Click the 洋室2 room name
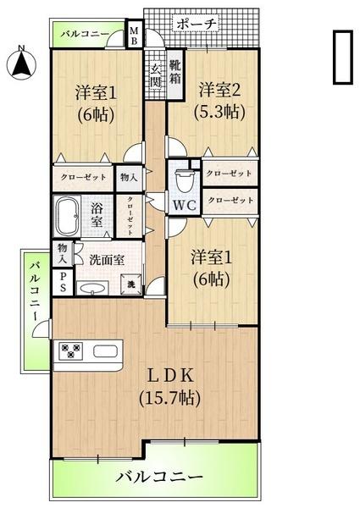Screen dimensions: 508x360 point(220,90)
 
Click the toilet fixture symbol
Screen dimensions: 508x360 point(184,179)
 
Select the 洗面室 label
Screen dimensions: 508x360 point(107,260)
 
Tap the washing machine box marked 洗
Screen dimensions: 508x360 point(131,285)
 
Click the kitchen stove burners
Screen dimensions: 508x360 point(70,351)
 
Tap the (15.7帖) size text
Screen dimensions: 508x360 point(169,396)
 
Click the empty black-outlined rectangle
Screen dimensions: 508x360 point(342,58)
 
